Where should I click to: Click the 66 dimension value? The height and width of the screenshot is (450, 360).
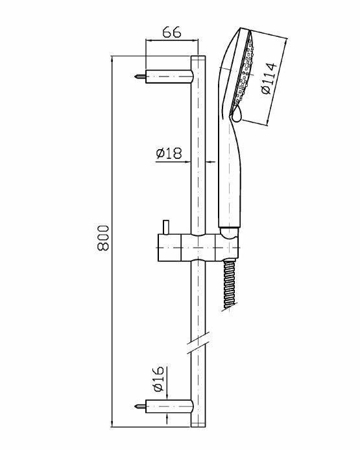172,32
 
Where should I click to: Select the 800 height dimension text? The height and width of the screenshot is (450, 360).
103,238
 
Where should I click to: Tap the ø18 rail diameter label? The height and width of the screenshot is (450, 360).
169,153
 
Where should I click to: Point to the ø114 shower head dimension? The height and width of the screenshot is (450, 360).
269,78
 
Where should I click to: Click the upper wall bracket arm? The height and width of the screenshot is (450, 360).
169,77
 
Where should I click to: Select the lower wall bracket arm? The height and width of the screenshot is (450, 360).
169,406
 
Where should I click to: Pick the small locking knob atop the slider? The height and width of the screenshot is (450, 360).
165,228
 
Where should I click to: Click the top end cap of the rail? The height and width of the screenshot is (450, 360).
198,58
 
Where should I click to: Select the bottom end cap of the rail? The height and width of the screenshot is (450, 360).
198,424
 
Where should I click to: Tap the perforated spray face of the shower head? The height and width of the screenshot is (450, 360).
244,72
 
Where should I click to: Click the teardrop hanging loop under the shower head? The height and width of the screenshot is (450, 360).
237,113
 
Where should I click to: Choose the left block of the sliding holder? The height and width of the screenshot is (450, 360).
169,248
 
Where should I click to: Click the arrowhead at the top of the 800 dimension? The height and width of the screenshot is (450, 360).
112,59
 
